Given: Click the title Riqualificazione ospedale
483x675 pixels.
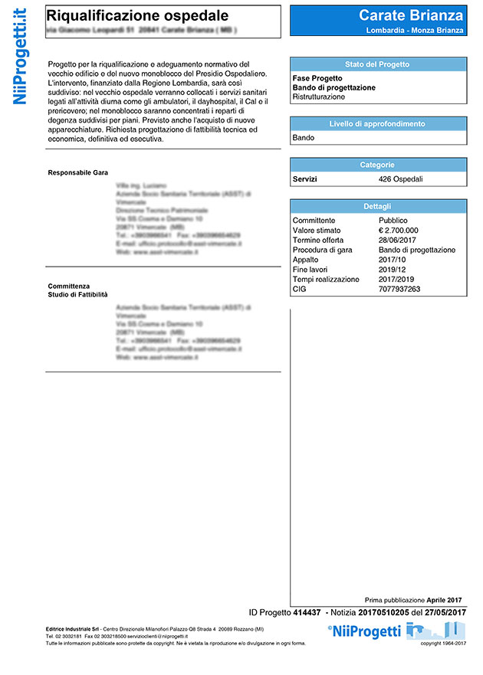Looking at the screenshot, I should click(x=137, y=15).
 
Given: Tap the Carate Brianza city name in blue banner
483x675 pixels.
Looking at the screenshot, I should click(x=412, y=15).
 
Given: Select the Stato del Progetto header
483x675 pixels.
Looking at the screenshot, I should click(x=378, y=64).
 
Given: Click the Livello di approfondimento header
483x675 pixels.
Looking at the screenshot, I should click(x=378, y=124).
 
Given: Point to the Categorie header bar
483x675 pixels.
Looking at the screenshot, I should click(x=378, y=165).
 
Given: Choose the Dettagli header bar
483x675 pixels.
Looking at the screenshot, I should click(x=378, y=206).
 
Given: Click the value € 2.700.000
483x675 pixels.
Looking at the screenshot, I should click(x=399, y=230).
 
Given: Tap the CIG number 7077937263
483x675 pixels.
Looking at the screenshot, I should click(x=400, y=290).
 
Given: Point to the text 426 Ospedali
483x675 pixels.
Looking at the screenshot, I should click(x=401, y=179).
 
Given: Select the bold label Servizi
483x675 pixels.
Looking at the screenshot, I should click(x=305, y=179).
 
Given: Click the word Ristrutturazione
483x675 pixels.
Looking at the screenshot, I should click(x=319, y=97).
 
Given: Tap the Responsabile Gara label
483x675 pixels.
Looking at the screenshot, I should click(x=77, y=172).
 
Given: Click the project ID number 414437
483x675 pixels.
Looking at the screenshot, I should click(x=307, y=613).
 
